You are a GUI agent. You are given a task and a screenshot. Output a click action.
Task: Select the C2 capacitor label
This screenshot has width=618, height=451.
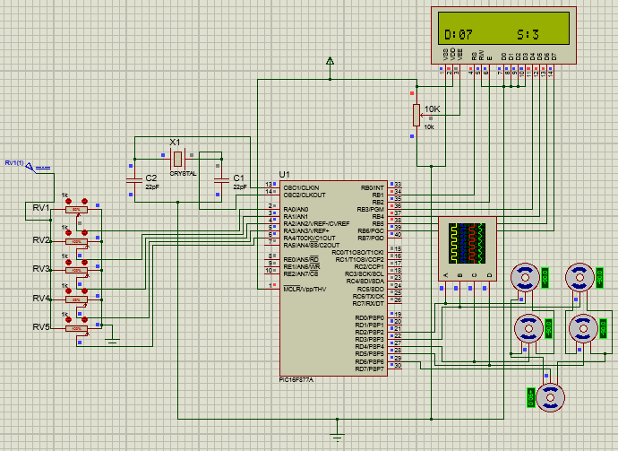pos(151,178)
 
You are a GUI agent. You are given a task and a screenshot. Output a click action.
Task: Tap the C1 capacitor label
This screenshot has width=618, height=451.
pos(237,178)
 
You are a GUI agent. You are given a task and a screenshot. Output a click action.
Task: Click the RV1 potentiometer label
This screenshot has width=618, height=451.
pos(40,207)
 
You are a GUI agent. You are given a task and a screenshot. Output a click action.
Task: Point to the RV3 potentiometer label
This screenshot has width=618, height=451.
pos(40,269)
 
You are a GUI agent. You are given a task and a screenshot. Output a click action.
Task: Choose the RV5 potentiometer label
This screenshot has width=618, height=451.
pos(40,327)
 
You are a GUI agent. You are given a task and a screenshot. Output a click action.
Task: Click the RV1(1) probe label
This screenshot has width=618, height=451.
pos(14,162)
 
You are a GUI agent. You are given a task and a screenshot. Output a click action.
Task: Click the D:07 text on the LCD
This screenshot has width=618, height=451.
pos(459,35)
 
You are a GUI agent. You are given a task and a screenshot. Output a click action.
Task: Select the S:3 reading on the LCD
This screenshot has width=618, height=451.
pos(528,35)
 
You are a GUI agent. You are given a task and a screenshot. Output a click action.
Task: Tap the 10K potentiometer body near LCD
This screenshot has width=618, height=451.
pos(415,115)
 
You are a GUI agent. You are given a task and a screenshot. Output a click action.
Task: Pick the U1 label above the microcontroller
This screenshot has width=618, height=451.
pos(285,173)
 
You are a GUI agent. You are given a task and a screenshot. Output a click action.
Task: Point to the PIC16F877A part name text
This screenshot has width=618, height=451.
pos(303,380)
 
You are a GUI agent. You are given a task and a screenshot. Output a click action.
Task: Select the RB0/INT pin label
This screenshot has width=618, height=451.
pos(371,186)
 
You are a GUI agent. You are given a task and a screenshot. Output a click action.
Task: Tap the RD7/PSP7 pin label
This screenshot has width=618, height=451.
pos(370,368)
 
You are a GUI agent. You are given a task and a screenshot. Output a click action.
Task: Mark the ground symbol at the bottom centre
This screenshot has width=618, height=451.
pos(338,435)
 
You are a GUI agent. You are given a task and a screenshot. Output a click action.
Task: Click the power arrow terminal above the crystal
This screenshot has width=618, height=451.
pos(331,62)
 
